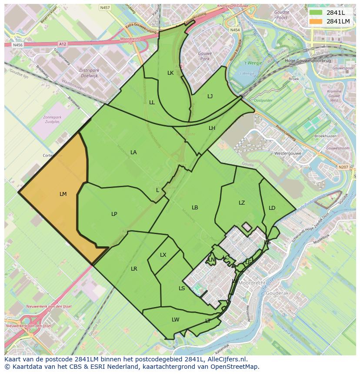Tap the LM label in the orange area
point(63,194)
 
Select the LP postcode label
point(114,214)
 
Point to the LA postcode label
point(133,152)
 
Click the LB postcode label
point(195,208)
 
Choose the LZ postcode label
point(242,203)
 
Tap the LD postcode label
point(272,208)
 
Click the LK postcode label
point(170,73)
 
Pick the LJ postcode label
point(210,96)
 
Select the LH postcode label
point(212,128)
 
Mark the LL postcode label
point(152,103)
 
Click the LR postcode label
point(134,269)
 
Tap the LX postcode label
point(163,255)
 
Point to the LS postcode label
point(182,288)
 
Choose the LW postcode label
point(175,320)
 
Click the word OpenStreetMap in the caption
point(238,367)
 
